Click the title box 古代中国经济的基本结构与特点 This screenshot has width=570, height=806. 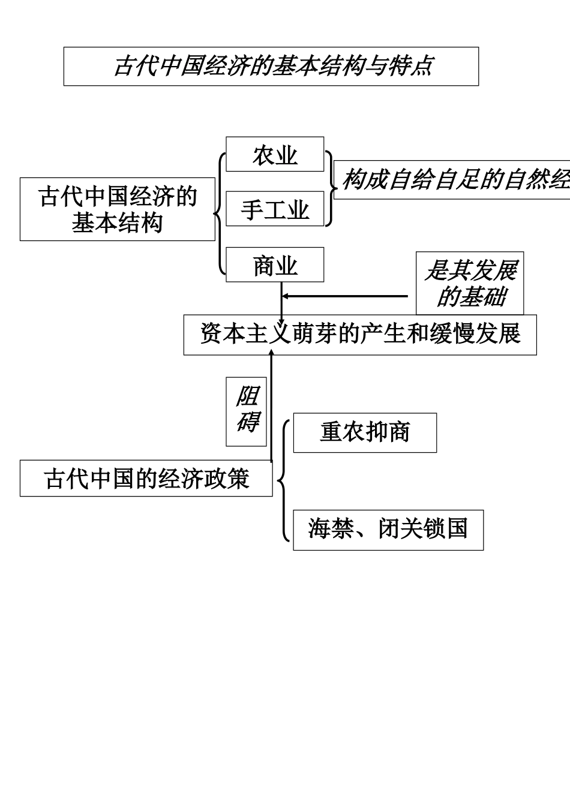pos(271,67)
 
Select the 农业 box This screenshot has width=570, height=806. pos(275,155)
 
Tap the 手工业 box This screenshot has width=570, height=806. pos(275,209)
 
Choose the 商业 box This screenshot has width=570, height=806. pos(275,265)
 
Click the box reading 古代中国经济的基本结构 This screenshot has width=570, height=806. pos(118,209)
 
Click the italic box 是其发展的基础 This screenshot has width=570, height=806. pos(470,283)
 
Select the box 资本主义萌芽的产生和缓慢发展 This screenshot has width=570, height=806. pos(360,335)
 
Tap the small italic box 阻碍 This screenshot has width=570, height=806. pos(246,411)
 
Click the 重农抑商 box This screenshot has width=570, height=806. pos(365,432)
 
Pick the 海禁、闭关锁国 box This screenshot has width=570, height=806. pos(388,530)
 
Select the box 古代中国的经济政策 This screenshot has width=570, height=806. pos(146,479)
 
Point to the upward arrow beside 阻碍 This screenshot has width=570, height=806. pos(271,408)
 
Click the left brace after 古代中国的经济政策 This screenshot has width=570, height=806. pos(283,480)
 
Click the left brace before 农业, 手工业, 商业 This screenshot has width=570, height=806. pos(220,213)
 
